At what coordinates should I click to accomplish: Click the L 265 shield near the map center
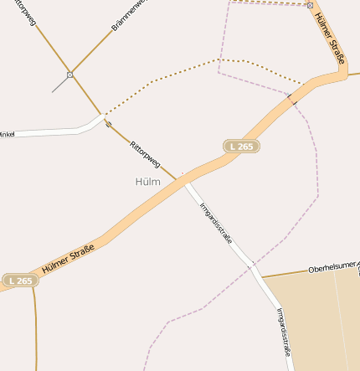coord(241,147)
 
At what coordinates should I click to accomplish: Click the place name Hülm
coord(147,181)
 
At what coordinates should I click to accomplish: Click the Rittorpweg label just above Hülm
coord(144,153)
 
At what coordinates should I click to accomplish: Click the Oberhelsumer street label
coord(332,268)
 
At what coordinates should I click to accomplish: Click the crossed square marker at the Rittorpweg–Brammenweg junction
coord(70,75)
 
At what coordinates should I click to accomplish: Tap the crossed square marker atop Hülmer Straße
coord(310,5)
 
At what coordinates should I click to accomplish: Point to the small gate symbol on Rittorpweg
coord(108,124)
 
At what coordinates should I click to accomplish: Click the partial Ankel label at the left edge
coord(7,134)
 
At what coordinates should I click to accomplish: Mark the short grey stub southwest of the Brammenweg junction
coord(59,85)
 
